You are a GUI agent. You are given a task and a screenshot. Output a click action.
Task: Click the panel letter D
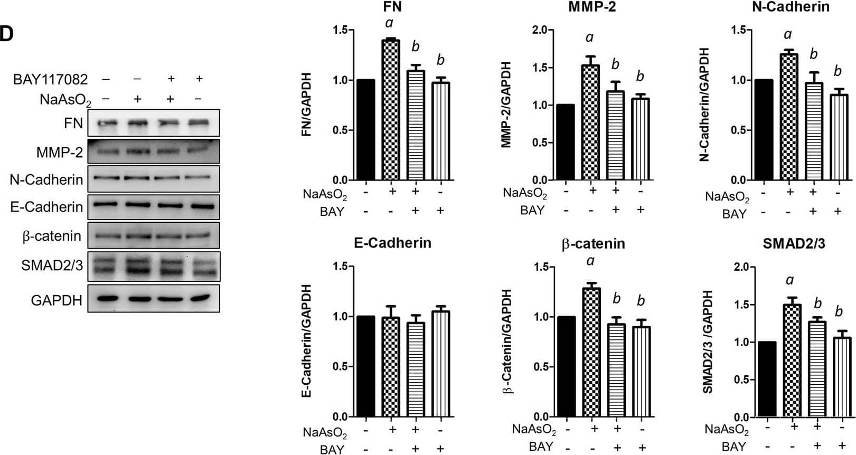(6, 34)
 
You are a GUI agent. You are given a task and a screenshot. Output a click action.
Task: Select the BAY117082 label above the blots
(50, 80)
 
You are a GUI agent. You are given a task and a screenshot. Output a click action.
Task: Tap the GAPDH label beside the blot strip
(57, 300)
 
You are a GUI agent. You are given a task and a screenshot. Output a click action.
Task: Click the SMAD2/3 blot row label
(52, 265)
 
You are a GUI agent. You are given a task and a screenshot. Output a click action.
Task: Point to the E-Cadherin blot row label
(46, 207)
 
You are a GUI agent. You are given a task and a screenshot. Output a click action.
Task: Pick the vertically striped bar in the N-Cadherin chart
(838, 137)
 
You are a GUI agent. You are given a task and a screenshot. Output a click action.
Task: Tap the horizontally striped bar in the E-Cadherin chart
(416, 369)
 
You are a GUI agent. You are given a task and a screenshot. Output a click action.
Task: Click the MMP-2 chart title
(592, 7)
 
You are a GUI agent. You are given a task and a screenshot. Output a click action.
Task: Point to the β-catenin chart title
(593, 244)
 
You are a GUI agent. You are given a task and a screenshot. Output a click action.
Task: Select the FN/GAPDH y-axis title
(306, 105)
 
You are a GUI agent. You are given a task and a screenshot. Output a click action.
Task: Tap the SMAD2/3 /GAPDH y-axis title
(708, 342)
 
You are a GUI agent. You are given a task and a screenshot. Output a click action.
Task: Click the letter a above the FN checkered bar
(389, 23)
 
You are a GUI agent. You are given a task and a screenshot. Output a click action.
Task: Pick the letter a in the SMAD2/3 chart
(790, 280)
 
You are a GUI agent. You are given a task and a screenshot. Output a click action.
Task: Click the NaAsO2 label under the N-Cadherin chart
(727, 197)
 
